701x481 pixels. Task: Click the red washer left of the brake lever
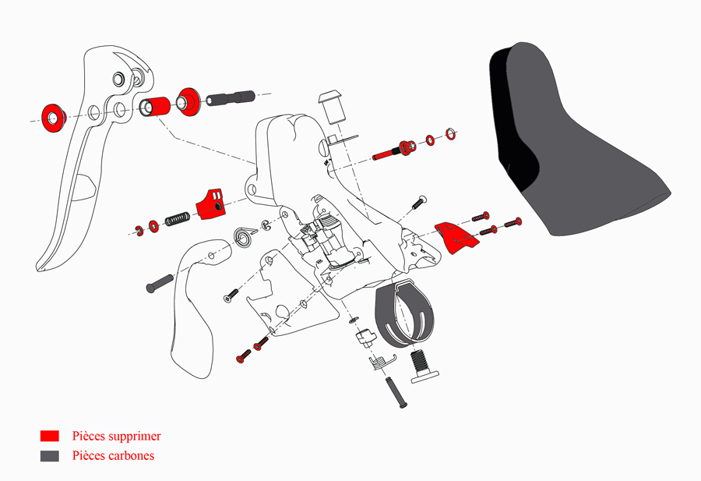[53, 115]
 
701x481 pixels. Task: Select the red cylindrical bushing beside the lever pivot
[156, 106]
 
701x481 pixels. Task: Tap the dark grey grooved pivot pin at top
[231, 99]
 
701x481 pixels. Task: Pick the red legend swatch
[50, 436]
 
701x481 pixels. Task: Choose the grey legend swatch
[50, 455]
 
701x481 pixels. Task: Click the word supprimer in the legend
[134, 437]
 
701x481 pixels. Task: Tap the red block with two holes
[210, 202]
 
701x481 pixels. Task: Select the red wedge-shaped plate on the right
[457, 237]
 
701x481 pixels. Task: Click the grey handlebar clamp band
[404, 311]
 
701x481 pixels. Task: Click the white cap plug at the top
[333, 103]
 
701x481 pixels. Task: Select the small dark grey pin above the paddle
[160, 281]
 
